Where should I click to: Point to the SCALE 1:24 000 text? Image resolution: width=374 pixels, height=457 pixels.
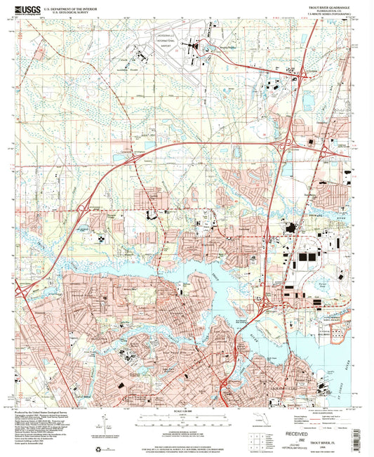click(186, 410)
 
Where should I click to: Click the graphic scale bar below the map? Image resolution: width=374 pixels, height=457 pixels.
click(186, 418)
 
